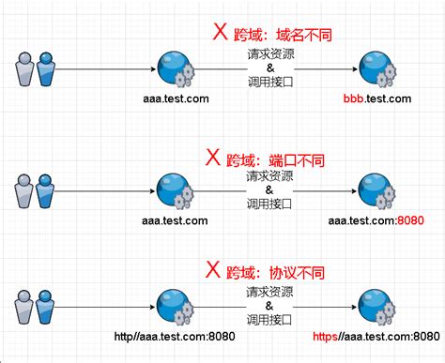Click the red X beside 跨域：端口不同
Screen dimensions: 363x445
click(213, 155)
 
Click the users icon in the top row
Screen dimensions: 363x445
click(36, 70)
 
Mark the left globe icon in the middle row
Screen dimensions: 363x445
click(175, 189)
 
